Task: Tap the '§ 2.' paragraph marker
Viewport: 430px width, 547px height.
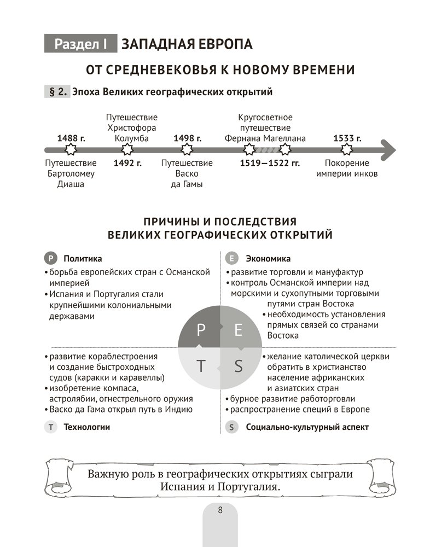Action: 57,92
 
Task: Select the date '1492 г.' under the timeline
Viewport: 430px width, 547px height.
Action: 127,162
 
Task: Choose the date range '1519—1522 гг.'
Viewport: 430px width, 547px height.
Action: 270,162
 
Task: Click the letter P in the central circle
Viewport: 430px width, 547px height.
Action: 200,329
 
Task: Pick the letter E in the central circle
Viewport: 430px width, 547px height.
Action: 238,329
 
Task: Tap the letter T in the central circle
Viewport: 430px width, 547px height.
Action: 200,366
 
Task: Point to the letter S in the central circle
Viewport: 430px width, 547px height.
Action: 238,366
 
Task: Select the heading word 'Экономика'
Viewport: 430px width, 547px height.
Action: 268,259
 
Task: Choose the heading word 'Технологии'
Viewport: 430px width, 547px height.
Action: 86,427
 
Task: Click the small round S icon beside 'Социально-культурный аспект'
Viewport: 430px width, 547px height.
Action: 233,427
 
